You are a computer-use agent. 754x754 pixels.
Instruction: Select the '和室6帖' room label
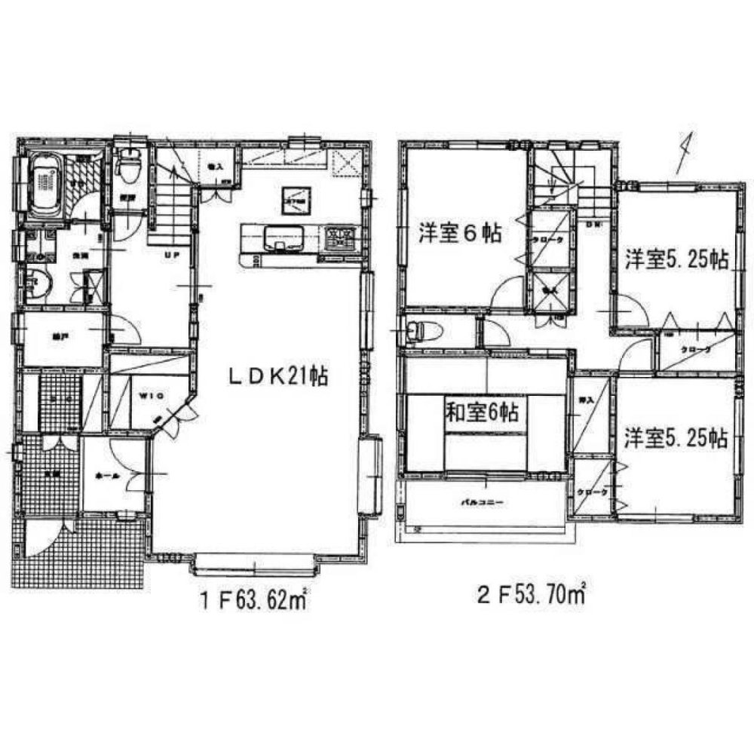click(482, 412)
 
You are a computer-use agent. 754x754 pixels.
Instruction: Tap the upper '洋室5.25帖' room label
click(676, 261)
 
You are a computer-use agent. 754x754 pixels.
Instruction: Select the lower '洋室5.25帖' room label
click(676, 438)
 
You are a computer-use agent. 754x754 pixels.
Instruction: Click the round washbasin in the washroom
click(37, 284)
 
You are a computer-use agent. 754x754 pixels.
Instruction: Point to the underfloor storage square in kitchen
click(294, 201)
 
